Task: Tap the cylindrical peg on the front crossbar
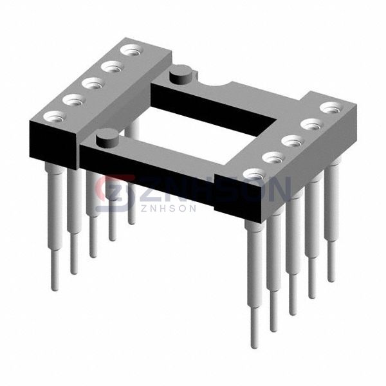tap(107, 138)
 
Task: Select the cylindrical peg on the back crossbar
tap(181, 74)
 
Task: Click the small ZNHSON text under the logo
tap(168, 208)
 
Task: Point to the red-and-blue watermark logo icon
tap(115, 193)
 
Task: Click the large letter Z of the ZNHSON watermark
tap(151, 188)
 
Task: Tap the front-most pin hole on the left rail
tap(55, 116)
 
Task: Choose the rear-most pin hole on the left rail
tap(132, 50)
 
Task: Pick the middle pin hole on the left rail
tap(93, 84)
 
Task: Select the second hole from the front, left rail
tap(74, 100)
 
